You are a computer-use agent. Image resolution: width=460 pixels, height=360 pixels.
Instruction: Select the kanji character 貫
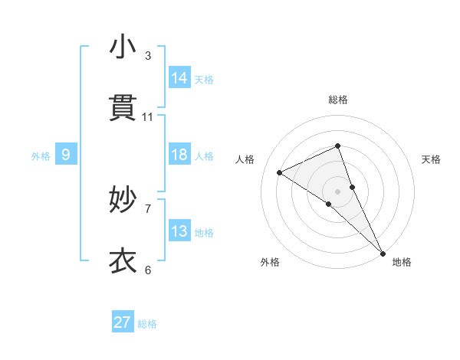pyautogui.click(x=123, y=109)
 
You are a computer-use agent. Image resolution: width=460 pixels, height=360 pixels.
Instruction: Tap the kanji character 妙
pyautogui.click(x=123, y=200)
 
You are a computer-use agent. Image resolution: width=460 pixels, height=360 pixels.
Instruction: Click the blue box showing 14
pyautogui.click(x=179, y=77)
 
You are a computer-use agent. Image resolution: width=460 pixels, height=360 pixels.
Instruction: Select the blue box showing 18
pyautogui.click(x=179, y=155)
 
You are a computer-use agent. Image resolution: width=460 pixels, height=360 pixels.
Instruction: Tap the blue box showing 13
pyautogui.click(x=179, y=231)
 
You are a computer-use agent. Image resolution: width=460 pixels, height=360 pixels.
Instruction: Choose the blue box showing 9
pyautogui.click(x=66, y=155)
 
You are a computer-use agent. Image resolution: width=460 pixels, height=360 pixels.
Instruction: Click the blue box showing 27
pyautogui.click(x=123, y=322)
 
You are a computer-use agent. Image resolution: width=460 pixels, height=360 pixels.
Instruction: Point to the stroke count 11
pyautogui.click(x=148, y=117)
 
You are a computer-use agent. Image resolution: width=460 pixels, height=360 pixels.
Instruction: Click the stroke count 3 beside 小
pyautogui.click(x=148, y=56)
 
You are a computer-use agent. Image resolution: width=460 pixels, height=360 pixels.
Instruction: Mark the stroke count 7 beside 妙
pyautogui.click(x=148, y=208)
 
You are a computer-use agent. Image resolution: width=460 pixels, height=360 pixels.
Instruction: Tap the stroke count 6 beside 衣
pyautogui.click(x=148, y=270)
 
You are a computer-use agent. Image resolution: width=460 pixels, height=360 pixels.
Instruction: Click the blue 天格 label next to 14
pyautogui.click(x=204, y=79)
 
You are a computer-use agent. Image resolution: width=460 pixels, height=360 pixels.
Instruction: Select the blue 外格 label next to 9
pyautogui.click(x=41, y=156)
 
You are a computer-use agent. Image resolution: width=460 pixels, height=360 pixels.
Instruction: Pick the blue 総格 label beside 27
pyautogui.click(x=147, y=324)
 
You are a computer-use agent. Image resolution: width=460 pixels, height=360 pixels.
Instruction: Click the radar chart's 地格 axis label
pyautogui.click(x=402, y=262)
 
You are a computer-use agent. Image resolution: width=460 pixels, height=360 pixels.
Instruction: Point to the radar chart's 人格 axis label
pyautogui.click(x=245, y=159)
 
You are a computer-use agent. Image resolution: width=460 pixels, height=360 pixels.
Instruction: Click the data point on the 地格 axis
pyautogui.click(x=382, y=251)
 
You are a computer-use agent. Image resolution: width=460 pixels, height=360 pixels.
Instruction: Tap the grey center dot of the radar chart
pyautogui.click(x=337, y=191)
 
